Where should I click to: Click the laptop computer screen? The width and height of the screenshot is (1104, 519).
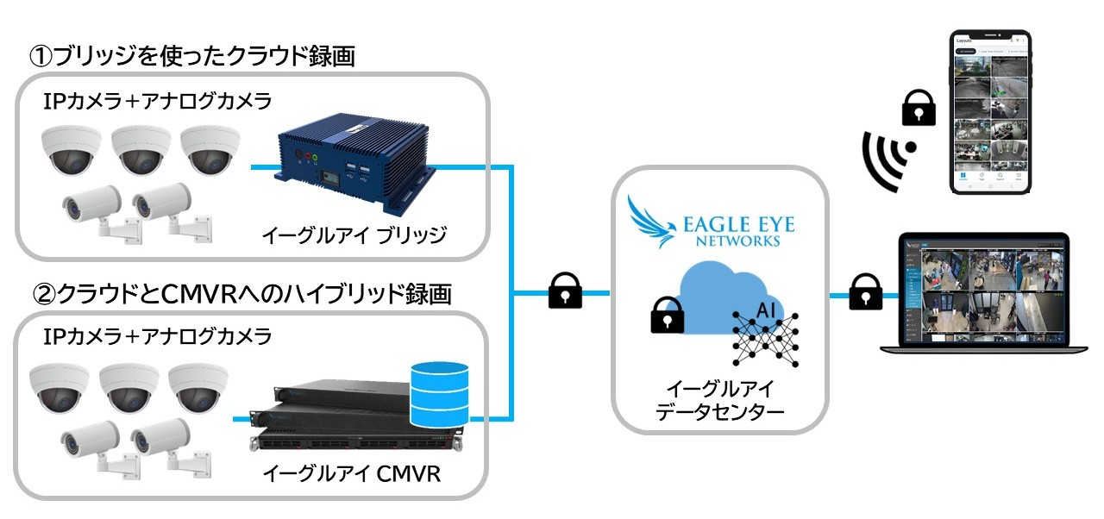click(x=984, y=289)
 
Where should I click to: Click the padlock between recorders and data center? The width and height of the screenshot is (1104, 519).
click(x=565, y=292)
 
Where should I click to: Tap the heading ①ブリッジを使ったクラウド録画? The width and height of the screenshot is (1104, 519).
click(x=193, y=56)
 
